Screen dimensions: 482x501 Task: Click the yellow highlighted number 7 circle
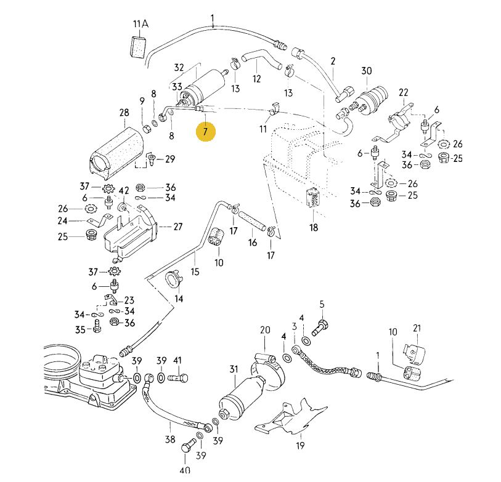(x=206, y=131)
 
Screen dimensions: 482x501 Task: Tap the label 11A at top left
(x=141, y=24)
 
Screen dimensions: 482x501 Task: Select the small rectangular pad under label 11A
(x=138, y=46)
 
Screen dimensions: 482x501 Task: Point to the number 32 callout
(x=179, y=67)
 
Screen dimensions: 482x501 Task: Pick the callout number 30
(x=367, y=71)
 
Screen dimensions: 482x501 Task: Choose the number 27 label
(x=177, y=227)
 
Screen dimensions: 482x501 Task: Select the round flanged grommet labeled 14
(x=173, y=280)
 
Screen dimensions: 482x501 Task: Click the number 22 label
(x=404, y=92)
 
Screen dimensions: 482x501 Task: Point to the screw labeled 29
(x=151, y=161)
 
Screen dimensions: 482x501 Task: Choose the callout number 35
(x=79, y=329)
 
